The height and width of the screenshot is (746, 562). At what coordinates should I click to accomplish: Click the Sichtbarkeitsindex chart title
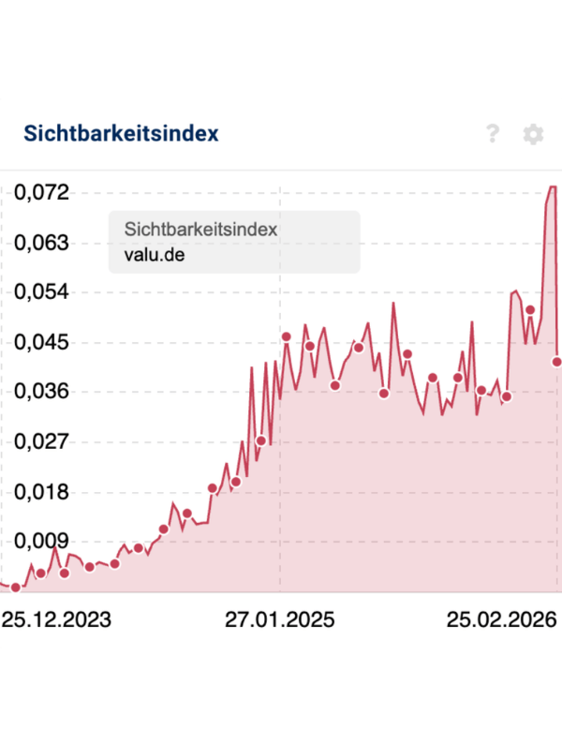(x=121, y=133)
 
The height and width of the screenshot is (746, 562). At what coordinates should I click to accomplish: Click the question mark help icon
(x=494, y=134)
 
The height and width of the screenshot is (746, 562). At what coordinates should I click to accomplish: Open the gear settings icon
(x=533, y=134)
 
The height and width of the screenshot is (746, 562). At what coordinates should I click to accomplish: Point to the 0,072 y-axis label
(x=42, y=193)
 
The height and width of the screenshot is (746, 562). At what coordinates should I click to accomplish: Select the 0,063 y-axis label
(x=42, y=243)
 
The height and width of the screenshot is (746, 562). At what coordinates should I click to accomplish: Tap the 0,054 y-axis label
(x=42, y=292)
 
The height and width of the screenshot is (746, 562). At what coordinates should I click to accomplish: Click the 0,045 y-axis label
(x=42, y=342)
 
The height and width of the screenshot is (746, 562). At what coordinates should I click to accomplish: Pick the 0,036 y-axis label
(x=42, y=392)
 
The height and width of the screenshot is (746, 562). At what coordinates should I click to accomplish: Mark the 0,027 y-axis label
(x=42, y=441)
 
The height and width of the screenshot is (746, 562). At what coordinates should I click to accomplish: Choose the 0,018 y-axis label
(x=42, y=491)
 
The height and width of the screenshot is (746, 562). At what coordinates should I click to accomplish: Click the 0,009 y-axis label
(x=42, y=541)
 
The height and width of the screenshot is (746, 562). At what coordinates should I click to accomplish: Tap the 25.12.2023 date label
(x=56, y=620)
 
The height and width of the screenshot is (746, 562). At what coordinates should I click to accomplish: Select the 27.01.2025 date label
(x=280, y=620)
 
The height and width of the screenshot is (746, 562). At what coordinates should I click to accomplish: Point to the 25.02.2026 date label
(x=500, y=620)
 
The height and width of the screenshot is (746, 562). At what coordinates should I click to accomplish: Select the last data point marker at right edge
(x=557, y=362)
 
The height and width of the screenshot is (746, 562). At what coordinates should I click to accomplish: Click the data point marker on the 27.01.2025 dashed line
(x=286, y=336)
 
